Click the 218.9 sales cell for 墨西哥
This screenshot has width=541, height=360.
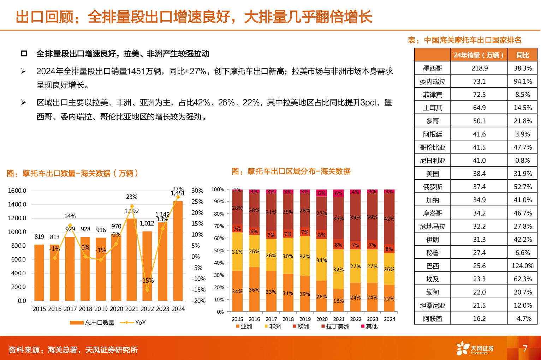point(479,68)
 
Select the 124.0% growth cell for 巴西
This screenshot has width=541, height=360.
point(522,266)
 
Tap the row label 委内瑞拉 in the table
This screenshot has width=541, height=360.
point(432,82)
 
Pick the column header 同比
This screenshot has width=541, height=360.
point(522,55)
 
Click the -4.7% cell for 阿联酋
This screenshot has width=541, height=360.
point(522,318)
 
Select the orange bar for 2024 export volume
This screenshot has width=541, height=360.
point(178,251)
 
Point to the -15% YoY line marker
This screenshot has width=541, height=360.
point(147,290)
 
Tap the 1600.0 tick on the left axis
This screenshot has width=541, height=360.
point(17,191)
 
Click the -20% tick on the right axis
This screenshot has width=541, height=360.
point(198,301)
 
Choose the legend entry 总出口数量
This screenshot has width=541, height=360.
point(93,323)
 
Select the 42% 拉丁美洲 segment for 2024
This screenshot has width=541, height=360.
point(389,219)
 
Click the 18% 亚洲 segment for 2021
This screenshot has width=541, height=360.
point(338,300)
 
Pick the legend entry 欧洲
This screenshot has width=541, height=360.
point(301,326)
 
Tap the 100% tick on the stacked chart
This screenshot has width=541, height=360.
point(218,190)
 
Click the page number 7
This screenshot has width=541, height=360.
point(525,348)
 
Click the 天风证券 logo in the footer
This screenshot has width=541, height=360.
point(475,348)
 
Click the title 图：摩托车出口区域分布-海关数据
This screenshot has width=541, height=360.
point(291,172)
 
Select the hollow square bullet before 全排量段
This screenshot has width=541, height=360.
point(24,54)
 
